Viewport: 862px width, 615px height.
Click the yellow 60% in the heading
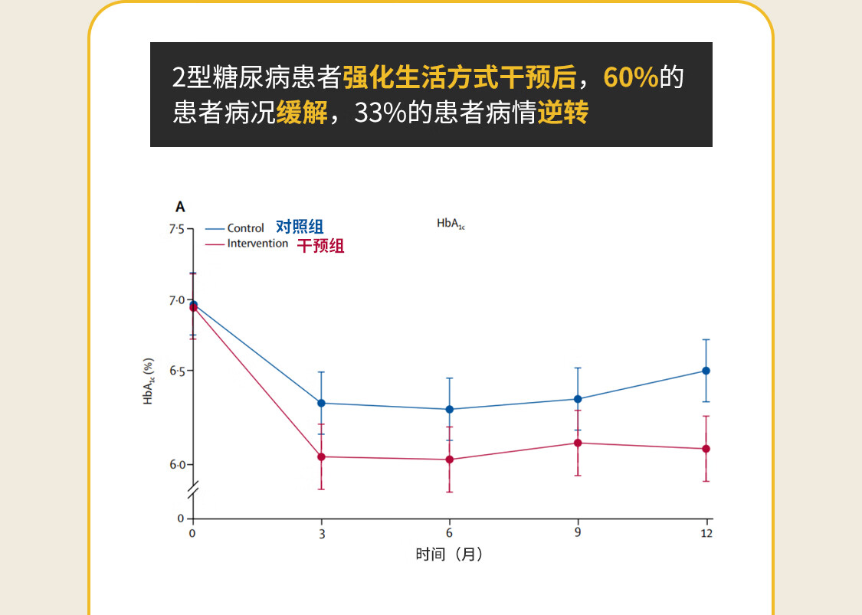[631, 78]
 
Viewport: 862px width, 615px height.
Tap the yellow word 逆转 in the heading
[562, 113]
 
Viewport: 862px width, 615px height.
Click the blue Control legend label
[245, 228]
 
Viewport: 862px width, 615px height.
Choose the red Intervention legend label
[257, 244]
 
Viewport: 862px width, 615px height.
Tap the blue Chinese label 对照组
[300, 227]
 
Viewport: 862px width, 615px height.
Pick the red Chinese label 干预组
[320, 246]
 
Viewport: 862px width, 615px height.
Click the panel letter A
[180, 207]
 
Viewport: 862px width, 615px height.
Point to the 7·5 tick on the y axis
[176, 229]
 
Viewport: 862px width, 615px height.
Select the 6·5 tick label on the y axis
[176, 371]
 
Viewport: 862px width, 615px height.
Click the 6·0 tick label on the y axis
[176, 465]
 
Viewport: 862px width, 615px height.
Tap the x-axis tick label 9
[578, 533]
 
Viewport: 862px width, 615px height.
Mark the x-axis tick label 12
[706, 533]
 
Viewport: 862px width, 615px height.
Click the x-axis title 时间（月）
[449, 554]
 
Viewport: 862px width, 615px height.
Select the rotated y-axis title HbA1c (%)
[149, 381]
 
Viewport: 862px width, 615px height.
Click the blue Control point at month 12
[706, 371]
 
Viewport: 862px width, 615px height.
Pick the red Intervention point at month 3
[322, 457]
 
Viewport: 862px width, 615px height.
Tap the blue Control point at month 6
[450, 409]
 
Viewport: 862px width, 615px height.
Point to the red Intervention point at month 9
[578, 443]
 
